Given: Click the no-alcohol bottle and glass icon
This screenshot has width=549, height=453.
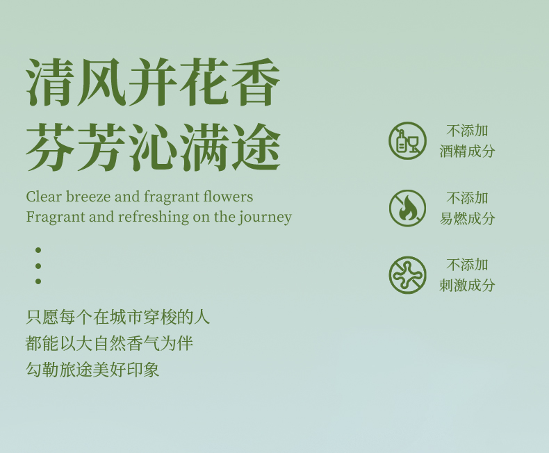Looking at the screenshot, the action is click(407, 141).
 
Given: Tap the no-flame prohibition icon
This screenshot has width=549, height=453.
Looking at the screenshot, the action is click(407, 208).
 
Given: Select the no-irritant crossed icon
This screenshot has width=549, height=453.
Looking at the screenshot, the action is click(407, 275).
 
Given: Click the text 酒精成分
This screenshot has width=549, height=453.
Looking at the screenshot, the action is click(467, 151).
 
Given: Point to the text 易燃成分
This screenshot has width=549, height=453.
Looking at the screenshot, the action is click(467, 218).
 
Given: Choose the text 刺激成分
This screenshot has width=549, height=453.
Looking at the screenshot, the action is click(467, 286).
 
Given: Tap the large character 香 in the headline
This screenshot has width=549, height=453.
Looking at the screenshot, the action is click(256, 82).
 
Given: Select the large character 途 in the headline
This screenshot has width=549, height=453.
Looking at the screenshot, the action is click(256, 147).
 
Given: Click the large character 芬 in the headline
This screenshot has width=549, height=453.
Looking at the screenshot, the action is click(50, 147).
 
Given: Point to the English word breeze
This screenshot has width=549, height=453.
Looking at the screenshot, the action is click(88, 197).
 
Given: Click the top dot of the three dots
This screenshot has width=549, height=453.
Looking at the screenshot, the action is click(38, 250).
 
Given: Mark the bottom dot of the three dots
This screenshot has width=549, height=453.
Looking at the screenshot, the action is click(38, 281).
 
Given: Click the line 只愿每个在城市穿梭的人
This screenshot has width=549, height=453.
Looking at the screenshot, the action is click(117, 318).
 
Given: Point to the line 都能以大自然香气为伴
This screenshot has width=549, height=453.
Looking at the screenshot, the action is click(109, 343).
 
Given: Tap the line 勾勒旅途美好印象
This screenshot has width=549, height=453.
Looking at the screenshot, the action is click(92, 370).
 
